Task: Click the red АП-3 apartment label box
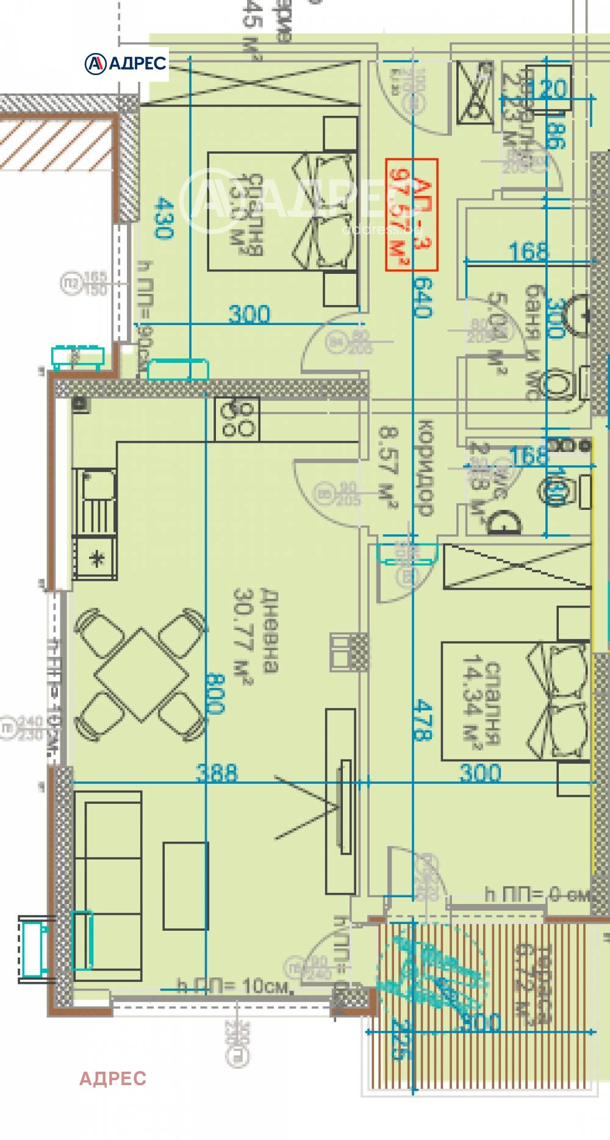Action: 412,215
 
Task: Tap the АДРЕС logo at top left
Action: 126,63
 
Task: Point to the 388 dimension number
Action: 217,773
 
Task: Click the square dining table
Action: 141,674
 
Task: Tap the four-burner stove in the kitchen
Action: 237,419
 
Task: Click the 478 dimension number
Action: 422,720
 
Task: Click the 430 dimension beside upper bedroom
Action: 164,218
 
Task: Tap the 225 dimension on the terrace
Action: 401,1040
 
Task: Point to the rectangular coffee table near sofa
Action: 185,886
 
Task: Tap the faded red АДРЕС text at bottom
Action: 113,1078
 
